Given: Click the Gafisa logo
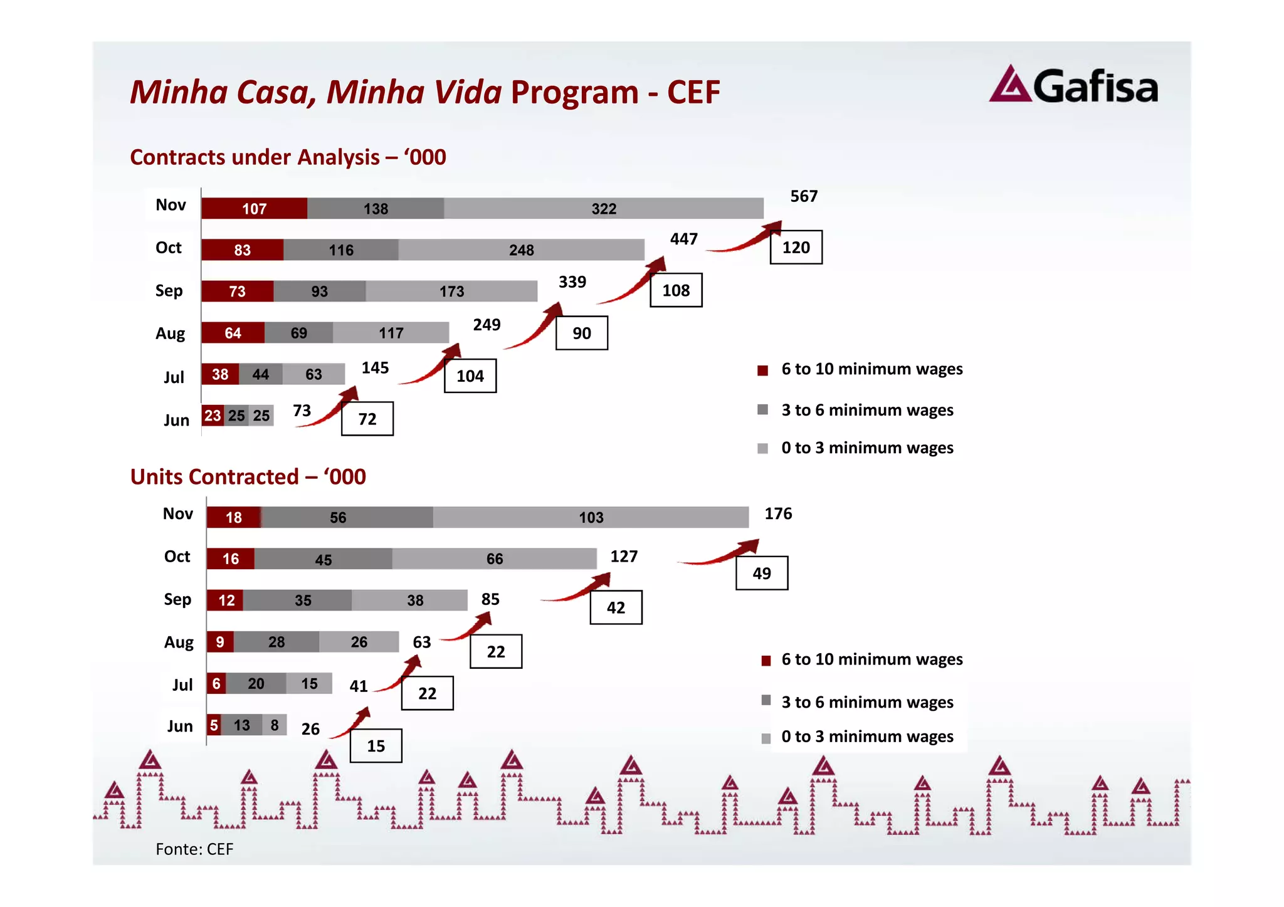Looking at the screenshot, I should pyautogui.click(x=1073, y=85).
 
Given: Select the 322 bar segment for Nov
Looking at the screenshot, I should pyautogui.click(x=603, y=209).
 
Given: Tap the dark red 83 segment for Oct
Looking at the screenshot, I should pyautogui.click(x=242, y=250).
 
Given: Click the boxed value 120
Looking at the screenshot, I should pyautogui.click(x=796, y=248).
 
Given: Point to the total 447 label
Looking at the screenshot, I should pyautogui.click(x=683, y=239).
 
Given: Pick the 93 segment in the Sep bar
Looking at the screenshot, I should pyautogui.click(x=319, y=291).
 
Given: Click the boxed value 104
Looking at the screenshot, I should pyautogui.click(x=470, y=376).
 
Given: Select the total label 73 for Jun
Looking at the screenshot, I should pyautogui.click(x=302, y=411).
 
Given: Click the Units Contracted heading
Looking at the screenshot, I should pyautogui.click(x=248, y=477).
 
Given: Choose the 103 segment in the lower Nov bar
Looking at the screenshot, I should pyautogui.click(x=591, y=518).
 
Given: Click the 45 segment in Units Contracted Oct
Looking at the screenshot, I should pyautogui.click(x=323, y=560).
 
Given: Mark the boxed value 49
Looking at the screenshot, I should pyautogui.click(x=761, y=574).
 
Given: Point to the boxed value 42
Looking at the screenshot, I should pyautogui.click(x=616, y=608).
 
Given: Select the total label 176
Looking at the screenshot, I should pyautogui.click(x=778, y=514).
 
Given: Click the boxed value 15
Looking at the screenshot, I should pyautogui.click(x=376, y=746).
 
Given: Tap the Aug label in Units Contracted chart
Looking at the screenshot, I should pyautogui.click(x=179, y=642).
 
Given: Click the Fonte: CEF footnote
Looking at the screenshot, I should pyautogui.click(x=194, y=849).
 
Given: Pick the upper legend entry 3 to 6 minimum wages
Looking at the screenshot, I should pyautogui.click(x=866, y=410).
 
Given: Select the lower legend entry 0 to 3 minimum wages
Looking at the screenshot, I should pyautogui.click(x=866, y=737).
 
